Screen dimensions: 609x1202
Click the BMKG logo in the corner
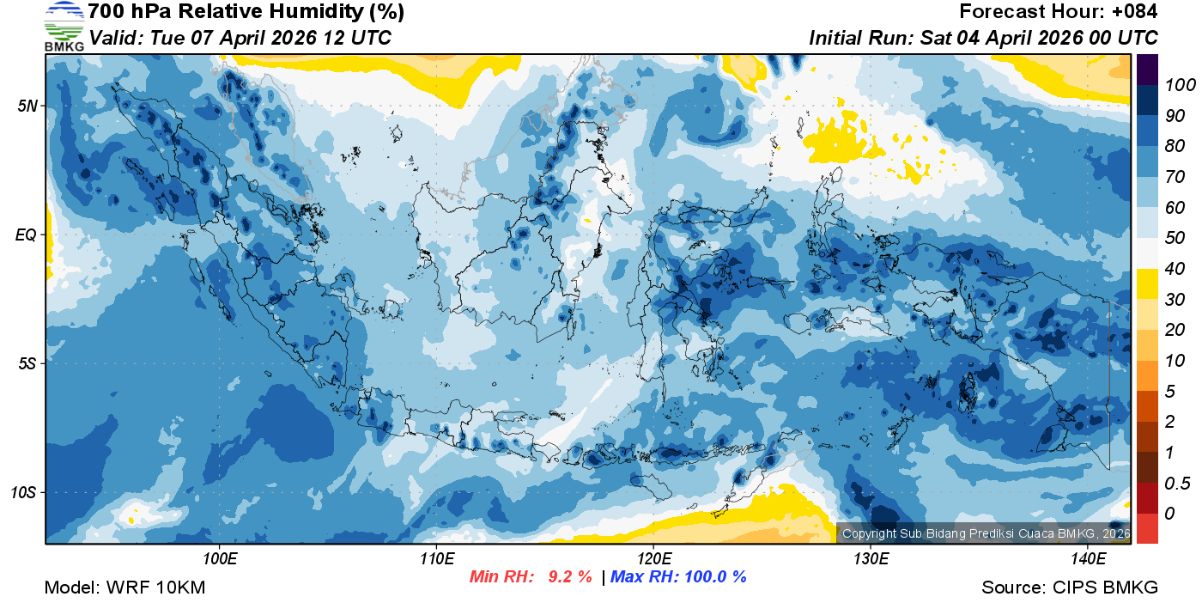pos(64,27)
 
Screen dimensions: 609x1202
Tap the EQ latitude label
pos(25,234)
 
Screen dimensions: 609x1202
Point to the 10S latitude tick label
pos(22,492)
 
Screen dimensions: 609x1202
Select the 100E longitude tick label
pos(221,559)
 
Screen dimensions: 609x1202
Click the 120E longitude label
pos(653,559)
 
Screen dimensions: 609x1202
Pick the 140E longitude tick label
pos(1087,559)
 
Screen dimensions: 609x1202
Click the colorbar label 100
pos(1175,84)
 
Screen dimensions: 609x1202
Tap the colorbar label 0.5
pos(1175,483)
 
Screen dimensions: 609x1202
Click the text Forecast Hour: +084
pos(1059,12)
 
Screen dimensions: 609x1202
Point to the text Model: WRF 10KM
pos(124,588)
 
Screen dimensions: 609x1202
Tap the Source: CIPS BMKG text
pos(1070,588)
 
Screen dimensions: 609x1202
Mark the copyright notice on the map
pos(986,533)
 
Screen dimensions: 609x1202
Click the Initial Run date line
pos(983,38)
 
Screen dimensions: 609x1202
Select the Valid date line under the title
pos(240,38)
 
